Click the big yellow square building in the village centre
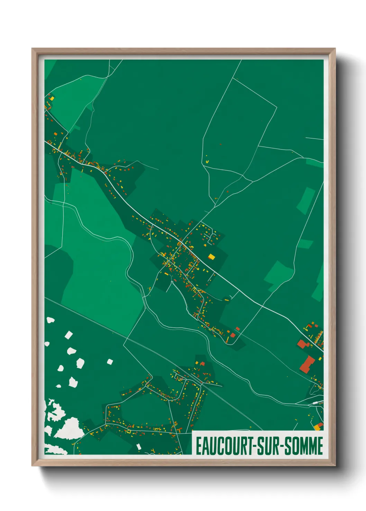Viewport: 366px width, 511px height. pos(211,257)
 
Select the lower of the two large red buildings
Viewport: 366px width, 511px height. pos(307,364)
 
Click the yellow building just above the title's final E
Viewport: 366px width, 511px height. pos(317,428)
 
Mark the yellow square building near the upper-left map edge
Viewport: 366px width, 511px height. pos(52,98)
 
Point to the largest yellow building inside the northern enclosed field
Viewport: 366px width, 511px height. pos(207,161)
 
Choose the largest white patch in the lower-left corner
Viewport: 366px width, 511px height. pos(70,428)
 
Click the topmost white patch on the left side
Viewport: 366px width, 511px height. pos(51,320)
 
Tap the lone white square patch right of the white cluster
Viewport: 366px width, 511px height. pos(110,362)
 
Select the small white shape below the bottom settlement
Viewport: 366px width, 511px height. pos(139,447)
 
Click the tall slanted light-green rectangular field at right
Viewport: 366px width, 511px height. pos(306,200)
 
